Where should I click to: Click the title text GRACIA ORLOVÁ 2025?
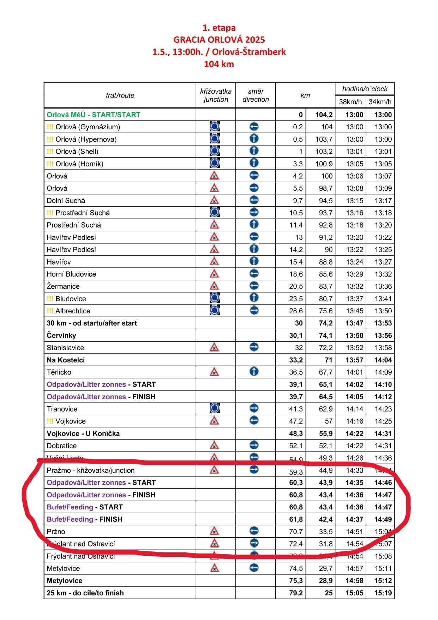(x=219, y=40)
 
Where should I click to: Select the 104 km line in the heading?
(x=219, y=64)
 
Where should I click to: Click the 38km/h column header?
(x=350, y=102)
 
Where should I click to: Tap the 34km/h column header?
(x=380, y=102)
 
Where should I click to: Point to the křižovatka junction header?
(x=216, y=95)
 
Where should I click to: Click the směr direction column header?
(x=256, y=95)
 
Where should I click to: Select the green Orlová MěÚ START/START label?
(x=94, y=115)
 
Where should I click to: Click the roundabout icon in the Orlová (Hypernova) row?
(x=215, y=139)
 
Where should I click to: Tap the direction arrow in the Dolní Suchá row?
(x=254, y=200)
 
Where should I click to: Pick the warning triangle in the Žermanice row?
(x=214, y=286)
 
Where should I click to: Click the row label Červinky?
(x=61, y=335)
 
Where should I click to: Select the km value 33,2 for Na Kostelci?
(x=296, y=360)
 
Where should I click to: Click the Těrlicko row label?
(x=59, y=372)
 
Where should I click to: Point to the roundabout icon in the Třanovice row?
(x=214, y=408)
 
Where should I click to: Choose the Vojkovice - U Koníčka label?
(x=83, y=433)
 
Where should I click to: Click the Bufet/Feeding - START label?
(x=85, y=507)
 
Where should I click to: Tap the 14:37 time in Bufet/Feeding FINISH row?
(x=354, y=519)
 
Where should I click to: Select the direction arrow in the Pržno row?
(x=254, y=531)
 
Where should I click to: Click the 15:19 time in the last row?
(x=383, y=593)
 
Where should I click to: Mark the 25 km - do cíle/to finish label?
(x=85, y=593)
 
